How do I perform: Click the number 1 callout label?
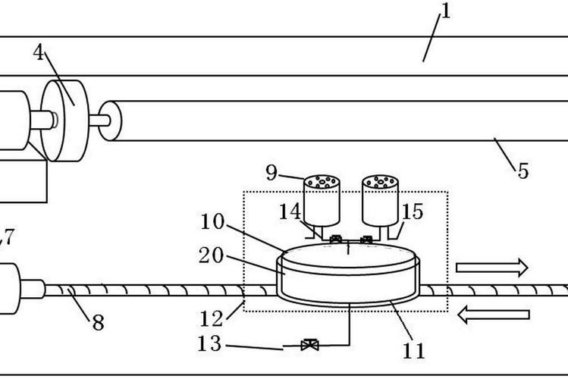tap(446, 11)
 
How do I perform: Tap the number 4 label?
tap(39, 52)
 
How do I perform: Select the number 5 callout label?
tap(522, 171)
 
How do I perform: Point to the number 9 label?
tap(271, 172)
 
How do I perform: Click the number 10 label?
tap(212, 221)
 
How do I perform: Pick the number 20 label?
tap(211, 255)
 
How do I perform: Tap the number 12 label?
tap(212, 319)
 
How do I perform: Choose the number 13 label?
tap(209, 343)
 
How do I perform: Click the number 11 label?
tap(414, 350)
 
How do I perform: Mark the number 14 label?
tap(290, 211)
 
